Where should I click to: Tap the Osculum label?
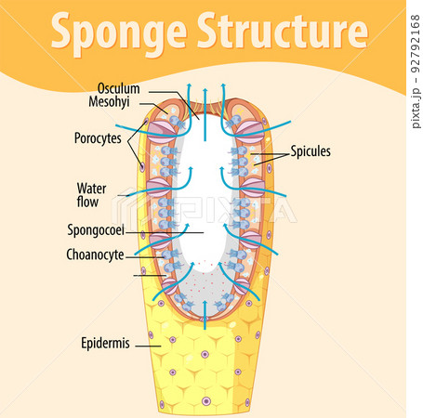pyautogui.click(x=118, y=89)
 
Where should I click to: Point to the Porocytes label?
pyautogui.click(x=99, y=138)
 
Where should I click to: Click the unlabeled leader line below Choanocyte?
pyautogui.click(x=150, y=274)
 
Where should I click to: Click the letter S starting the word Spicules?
pyautogui.click(x=294, y=150)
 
